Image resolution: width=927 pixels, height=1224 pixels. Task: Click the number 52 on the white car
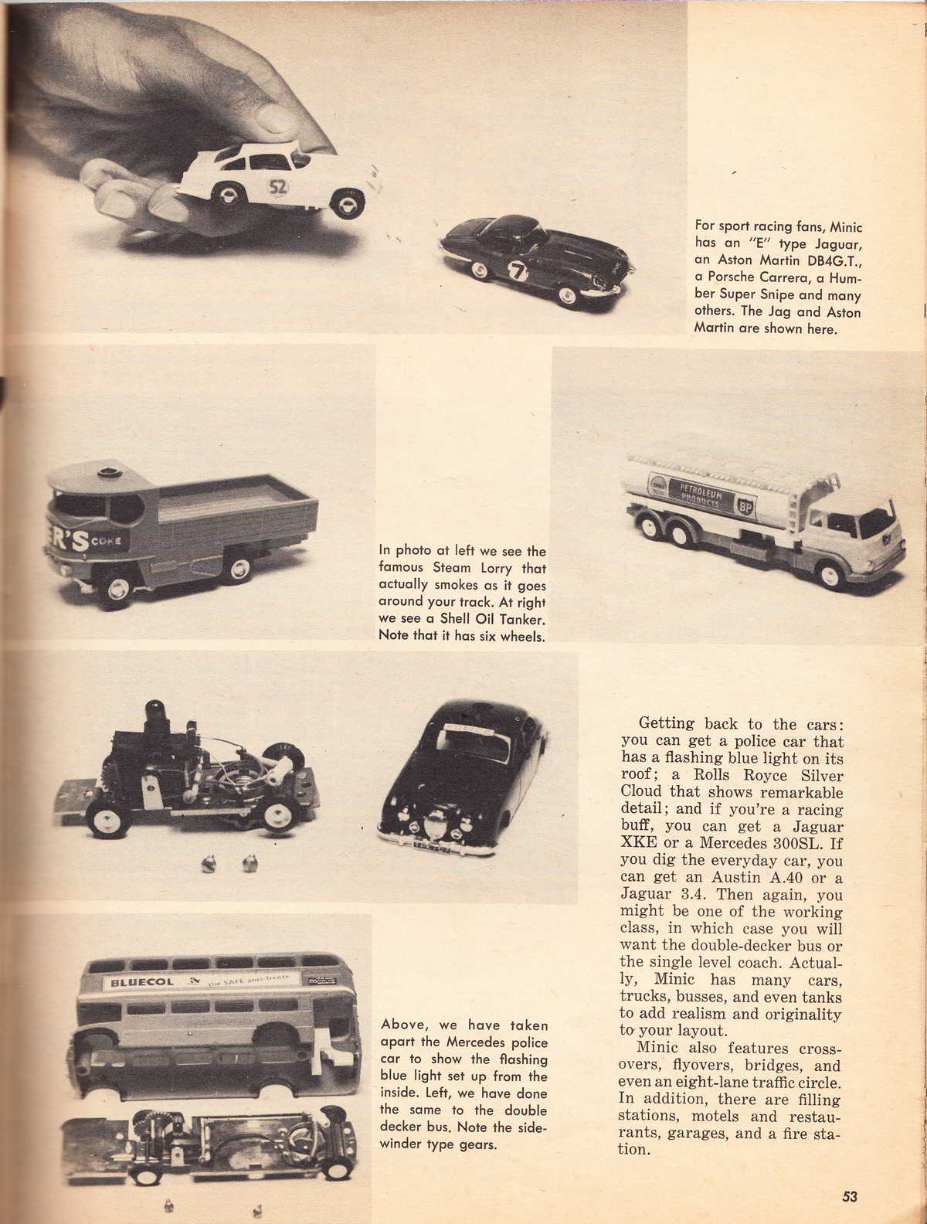coord(277,186)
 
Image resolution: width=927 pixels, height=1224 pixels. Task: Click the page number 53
coord(850,1197)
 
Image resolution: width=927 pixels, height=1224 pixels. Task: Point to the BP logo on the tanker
coord(745,508)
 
